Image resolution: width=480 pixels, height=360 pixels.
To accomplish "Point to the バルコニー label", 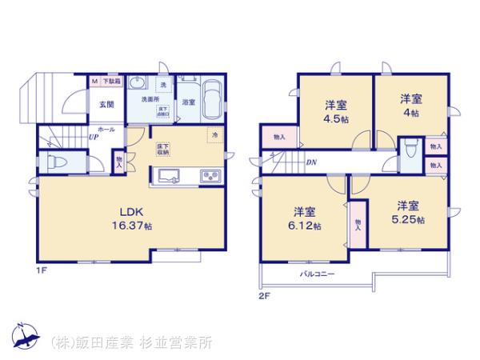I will tap(318, 274).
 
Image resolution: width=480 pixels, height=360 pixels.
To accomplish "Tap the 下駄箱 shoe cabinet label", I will tap(111, 82).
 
